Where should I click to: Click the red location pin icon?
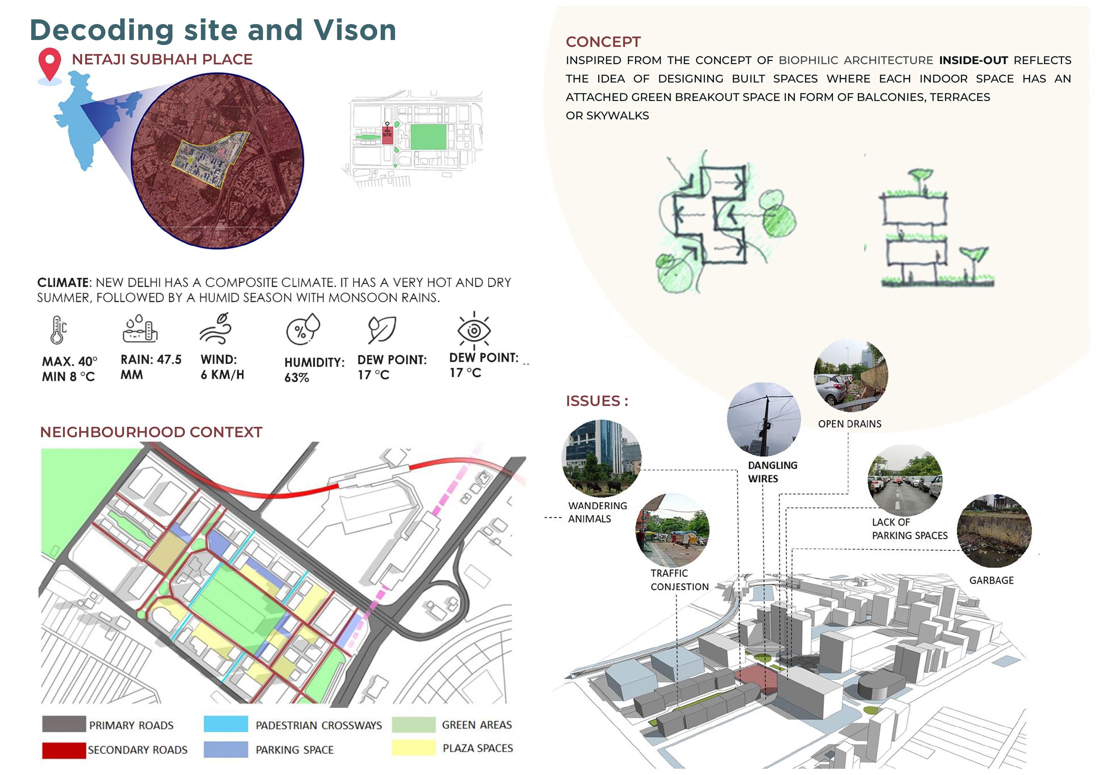(x=50, y=63)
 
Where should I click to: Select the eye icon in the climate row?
(x=474, y=329)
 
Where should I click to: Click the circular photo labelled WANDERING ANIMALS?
(x=601, y=458)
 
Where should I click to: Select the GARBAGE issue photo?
(x=994, y=531)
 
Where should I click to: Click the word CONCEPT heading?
(x=603, y=42)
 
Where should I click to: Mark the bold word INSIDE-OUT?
(x=973, y=61)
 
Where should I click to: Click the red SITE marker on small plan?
(x=387, y=134)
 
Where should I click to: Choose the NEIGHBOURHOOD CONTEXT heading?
(x=151, y=432)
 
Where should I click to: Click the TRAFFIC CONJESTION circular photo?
(x=673, y=531)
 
